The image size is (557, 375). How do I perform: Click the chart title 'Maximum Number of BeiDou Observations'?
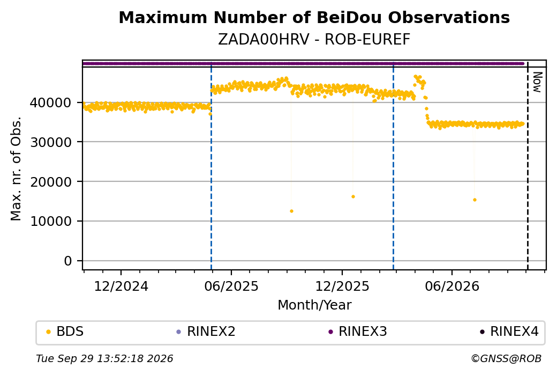pos(314,17)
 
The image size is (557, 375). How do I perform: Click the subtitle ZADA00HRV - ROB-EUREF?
pos(314,40)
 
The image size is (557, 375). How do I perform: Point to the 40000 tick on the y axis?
pos(50,102)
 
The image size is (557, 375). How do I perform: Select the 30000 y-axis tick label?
pos(50,142)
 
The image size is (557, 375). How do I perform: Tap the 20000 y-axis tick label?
pos(50,182)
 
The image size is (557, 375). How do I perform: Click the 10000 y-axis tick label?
pos(50,222)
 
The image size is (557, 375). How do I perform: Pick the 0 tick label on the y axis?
pos(68,261)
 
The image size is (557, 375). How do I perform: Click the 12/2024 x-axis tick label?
pos(121,286)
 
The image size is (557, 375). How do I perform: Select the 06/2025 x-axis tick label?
pos(231,286)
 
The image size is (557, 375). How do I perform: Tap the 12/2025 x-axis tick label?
pos(342,286)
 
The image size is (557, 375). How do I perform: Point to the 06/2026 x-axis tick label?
pos(452,286)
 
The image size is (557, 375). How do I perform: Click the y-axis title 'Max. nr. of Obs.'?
pos(16,168)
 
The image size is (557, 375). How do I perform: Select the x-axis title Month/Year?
pos(314,305)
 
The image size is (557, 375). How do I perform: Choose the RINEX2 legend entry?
pos(206,332)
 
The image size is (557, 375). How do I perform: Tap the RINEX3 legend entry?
pos(358,332)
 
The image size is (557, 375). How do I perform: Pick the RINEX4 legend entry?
pos(509,332)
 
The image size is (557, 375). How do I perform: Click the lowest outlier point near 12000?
pos(292,211)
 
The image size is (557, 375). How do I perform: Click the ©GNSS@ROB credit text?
pos(506,358)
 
